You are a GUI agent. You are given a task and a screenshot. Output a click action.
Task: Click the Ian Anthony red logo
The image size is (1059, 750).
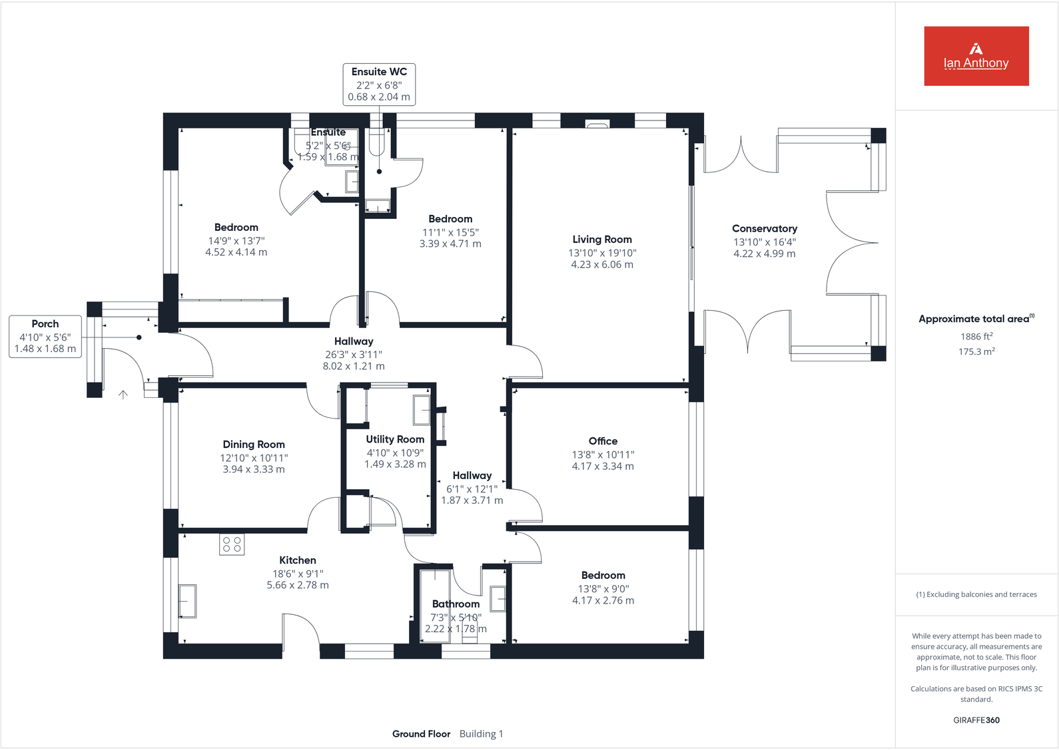pos(976,56)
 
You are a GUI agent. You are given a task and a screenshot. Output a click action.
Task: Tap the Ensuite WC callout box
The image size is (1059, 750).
pos(379,84)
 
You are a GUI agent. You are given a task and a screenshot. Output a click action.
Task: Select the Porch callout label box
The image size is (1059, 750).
pos(45,337)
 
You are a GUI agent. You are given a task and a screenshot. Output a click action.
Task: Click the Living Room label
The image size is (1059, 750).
pos(602,240)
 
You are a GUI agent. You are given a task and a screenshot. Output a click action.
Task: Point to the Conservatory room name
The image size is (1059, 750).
pos(764,229)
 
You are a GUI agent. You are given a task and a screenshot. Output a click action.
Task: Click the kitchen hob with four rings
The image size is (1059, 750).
pos(232,544)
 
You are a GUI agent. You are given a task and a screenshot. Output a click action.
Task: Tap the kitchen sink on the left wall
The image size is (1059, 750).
pos(187,601)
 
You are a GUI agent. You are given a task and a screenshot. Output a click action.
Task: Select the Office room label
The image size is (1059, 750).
pos(603,441)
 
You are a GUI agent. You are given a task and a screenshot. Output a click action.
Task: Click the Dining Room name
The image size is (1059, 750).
pos(254,445)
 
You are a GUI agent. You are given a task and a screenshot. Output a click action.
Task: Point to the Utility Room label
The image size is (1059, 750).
pos(395,439)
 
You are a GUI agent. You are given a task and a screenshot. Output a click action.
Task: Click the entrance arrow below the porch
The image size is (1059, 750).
pos(123,395)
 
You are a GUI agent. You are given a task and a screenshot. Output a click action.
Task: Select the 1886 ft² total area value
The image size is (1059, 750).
pos(976,337)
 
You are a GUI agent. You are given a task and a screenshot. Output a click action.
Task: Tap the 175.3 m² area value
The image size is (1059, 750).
pos(976,351)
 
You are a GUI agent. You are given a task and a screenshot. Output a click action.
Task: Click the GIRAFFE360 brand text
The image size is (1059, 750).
pos(976,720)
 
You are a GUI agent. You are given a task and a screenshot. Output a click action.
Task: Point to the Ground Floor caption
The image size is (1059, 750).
pos(421,734)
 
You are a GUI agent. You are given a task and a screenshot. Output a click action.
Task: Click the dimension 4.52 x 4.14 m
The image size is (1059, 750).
pos(236,252)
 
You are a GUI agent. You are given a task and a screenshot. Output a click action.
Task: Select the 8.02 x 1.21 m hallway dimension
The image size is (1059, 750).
pos(354,366)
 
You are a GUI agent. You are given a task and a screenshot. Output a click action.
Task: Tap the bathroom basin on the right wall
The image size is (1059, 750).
pos(498,598)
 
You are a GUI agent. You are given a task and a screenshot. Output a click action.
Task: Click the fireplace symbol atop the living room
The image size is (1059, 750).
pos(597,124)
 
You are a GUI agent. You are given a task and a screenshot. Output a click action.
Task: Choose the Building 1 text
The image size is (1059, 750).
pos(481,734)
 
